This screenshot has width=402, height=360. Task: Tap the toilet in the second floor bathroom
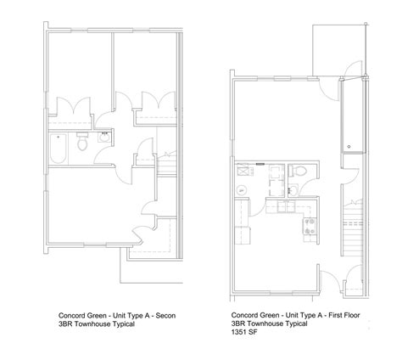(x=83, y=144)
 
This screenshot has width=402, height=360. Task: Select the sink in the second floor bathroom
(x=105, y=135)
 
